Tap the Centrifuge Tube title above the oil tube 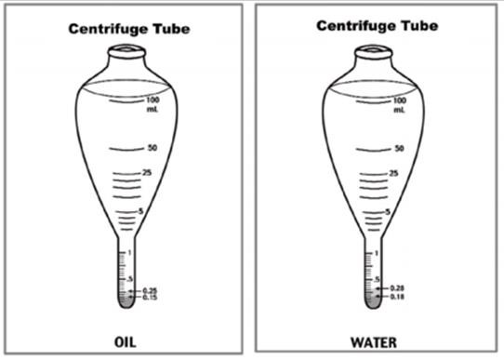point(129,29)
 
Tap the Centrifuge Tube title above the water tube point(377,26)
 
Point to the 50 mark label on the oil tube point(152,148)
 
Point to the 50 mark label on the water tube point(399,148)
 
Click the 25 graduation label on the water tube point(394,173)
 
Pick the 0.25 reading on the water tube point(397,288)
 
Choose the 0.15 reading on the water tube point(397,297)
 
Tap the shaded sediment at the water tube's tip point(375,298)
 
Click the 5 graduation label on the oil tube point(140,213)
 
